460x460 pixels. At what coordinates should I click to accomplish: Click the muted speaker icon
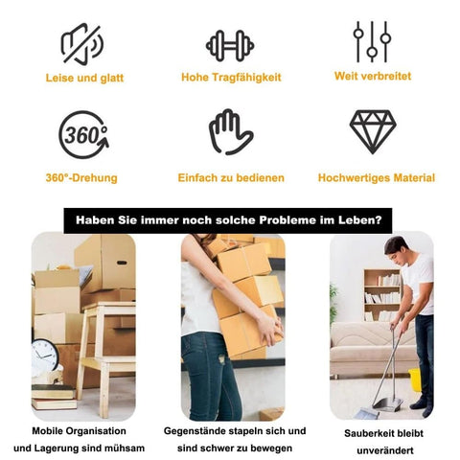[82, 44]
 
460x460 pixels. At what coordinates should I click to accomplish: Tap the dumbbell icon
[230, 46]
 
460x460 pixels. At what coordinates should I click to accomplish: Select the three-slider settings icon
[372, 41]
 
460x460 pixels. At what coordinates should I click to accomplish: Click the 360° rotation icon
[83, 135]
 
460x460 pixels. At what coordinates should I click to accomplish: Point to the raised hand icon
[231, 132]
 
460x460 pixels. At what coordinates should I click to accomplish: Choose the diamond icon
[373, 132]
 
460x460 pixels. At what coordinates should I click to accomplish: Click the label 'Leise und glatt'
[84, 78]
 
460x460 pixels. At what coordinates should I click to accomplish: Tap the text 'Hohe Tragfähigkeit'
[231, 78]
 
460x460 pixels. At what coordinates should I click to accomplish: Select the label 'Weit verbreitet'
[373, 76]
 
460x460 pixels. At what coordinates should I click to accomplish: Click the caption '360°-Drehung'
[81, 177]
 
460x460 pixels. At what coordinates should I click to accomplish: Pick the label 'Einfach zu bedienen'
[231, 177]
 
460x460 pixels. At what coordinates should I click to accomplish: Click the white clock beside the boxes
[44, 356]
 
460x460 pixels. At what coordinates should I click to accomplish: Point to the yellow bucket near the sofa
[414, 379]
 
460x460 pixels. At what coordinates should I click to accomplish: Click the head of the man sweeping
[397, 249]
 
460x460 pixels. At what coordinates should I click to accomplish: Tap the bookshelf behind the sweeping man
[382, 295]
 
